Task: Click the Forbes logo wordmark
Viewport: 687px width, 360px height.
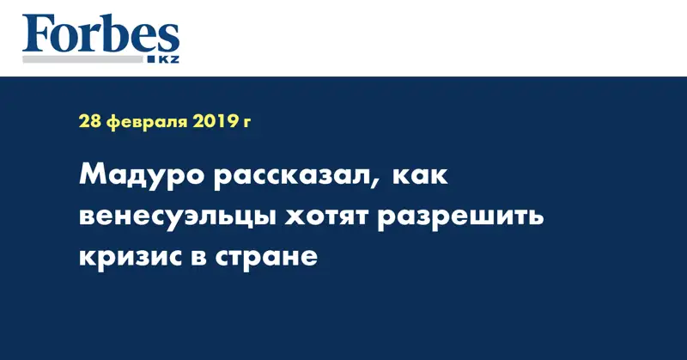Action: [x=100, y=34]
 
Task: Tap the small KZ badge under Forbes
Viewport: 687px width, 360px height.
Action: [x=166, y=58]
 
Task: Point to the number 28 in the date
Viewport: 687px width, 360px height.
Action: [x=88, y=122]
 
